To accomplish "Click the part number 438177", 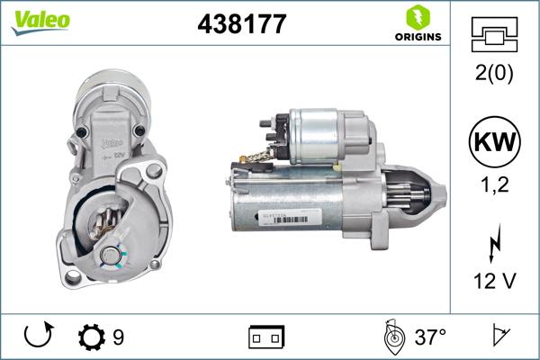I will [x=241, y=24].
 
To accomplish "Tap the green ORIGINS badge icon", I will [x=417, y=17].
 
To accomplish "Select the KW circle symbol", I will [x=493, y=143].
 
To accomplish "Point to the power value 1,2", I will [x=493, y=187].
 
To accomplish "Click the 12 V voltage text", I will [x=493, y=283].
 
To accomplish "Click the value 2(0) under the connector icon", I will [x=493, y=75].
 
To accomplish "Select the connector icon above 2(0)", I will [x=493, y=33].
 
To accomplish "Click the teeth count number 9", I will [x=118, y=338].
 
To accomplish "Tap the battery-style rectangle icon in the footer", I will [x=265, y=338].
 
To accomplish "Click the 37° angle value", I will [x=430, y=338].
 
